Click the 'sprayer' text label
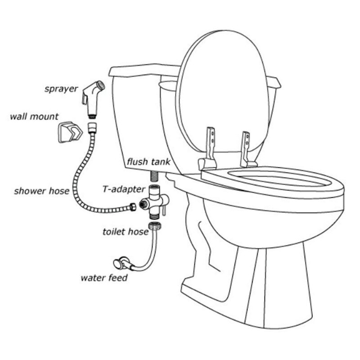tap(61, 88)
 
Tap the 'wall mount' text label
tap(34, 117)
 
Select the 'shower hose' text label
tap(41, 191)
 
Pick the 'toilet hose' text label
tap(125, 232)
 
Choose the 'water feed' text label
tap(104, 278)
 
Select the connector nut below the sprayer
tap(92, 124)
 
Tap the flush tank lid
tap(144, 71)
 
